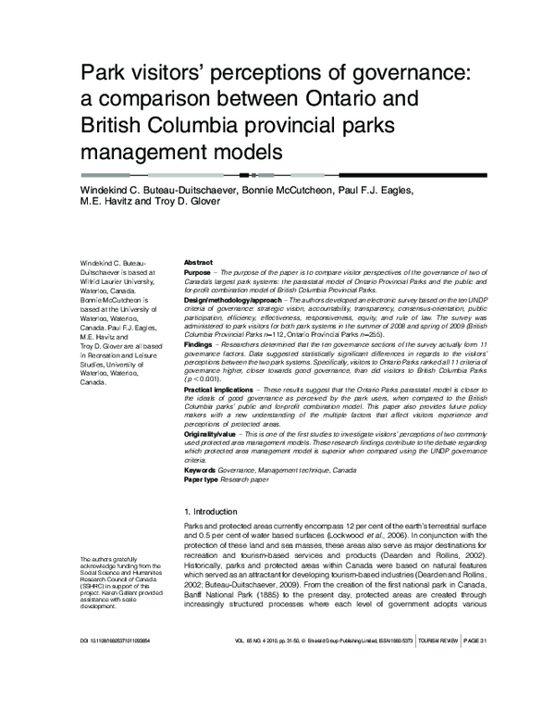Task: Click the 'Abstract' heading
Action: coord(199,263)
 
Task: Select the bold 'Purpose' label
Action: coord(198,273)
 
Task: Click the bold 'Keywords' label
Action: coord(201,470)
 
